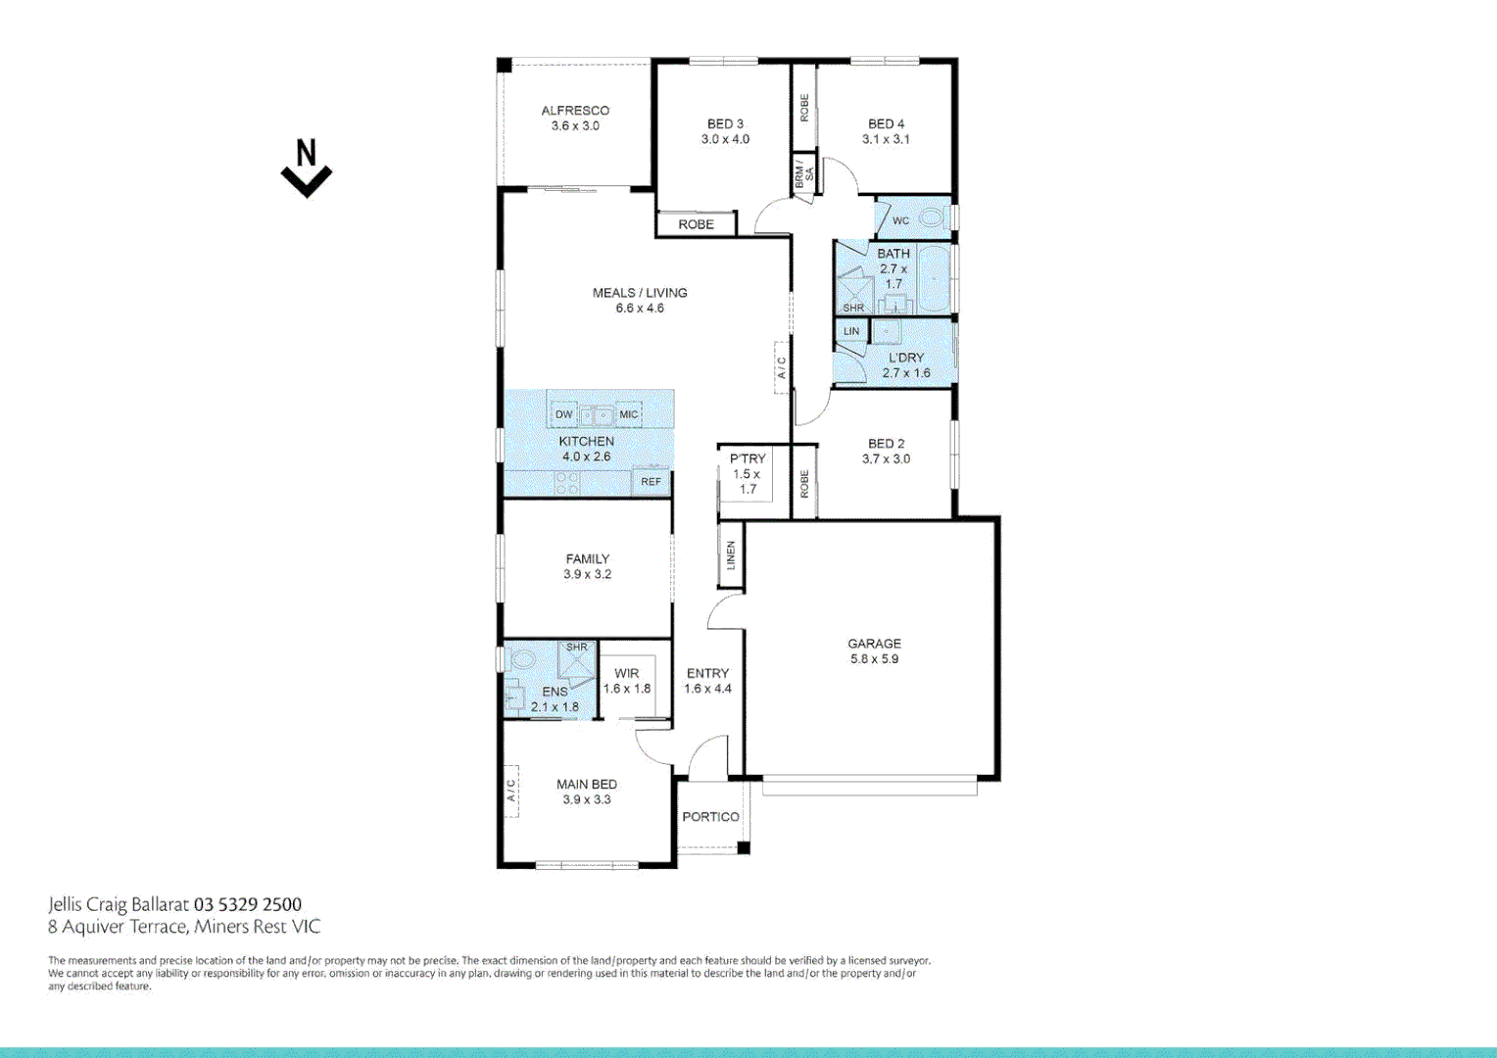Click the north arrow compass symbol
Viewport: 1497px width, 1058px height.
pos(307,169)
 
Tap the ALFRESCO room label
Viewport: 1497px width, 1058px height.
pos(575,111)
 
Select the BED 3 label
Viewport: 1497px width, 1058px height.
pos(725,124)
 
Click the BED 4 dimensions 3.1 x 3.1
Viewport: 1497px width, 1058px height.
pos(886,139)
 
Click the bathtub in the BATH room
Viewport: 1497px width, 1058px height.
pos(934,278)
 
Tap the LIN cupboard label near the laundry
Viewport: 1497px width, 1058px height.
pos(851,331)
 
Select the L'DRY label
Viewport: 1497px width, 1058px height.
pos(906,358)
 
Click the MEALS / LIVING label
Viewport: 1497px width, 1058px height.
pos(640,293)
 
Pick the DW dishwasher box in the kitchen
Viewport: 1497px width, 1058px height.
pos(564,414)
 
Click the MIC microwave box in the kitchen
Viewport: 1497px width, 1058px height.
pos(629,414)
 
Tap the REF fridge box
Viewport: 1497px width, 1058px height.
pos(652,482)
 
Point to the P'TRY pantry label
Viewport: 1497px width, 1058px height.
pos(748,458)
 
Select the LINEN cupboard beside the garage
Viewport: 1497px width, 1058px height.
pos(731,555)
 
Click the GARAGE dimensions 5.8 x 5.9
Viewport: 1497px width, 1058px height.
pos(874,659)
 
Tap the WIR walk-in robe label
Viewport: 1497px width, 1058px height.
pos(627,673)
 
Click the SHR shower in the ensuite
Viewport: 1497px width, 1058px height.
pos(576,658)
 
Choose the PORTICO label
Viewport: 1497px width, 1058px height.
pos(710,817)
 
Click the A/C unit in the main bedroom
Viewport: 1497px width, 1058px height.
pos(510,791)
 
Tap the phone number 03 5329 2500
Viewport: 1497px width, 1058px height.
pos(248,904)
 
